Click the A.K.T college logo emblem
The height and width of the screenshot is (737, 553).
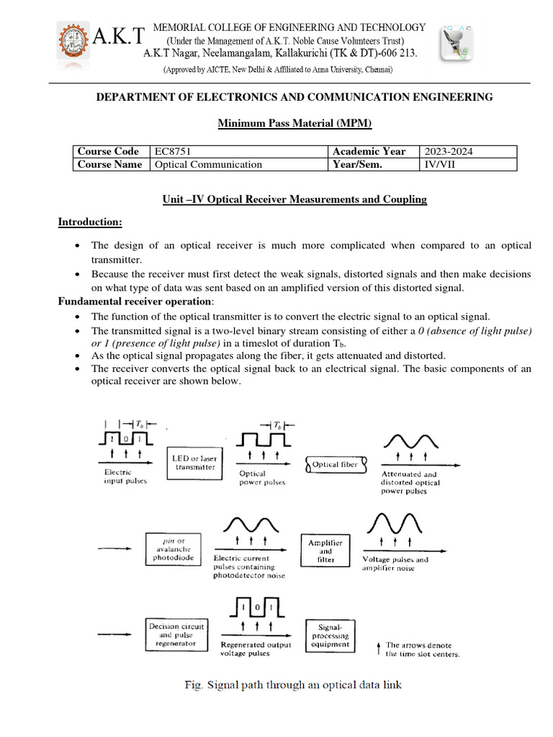[76, 42]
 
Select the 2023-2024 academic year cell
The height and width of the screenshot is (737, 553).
[449, 151]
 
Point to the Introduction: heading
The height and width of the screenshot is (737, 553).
[90, 222]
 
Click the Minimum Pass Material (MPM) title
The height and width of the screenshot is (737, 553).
[295, 124]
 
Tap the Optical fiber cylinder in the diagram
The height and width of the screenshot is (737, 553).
[336, 464]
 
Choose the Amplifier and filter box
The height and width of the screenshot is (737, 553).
[325, 550]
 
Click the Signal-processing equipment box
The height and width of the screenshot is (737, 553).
[331, 635]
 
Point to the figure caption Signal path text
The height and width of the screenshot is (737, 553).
[292, 684]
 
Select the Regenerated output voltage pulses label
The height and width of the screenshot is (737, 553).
[256, 648]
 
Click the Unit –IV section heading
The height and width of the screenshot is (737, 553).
[295, 199]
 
